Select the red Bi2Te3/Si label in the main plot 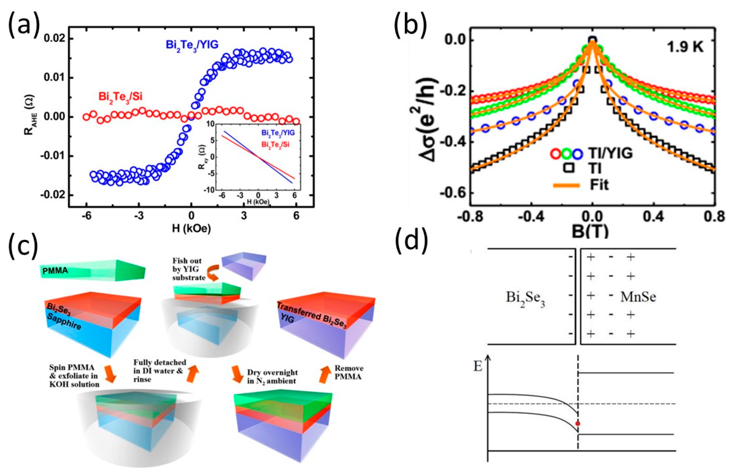click(x=120, y=96)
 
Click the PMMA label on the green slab click(x=56, y=271)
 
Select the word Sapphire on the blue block click(x=65, y=322)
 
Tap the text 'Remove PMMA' click(x=349, y=372)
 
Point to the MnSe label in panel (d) click(x=638, y=297)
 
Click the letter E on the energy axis click(x=478, y=367)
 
